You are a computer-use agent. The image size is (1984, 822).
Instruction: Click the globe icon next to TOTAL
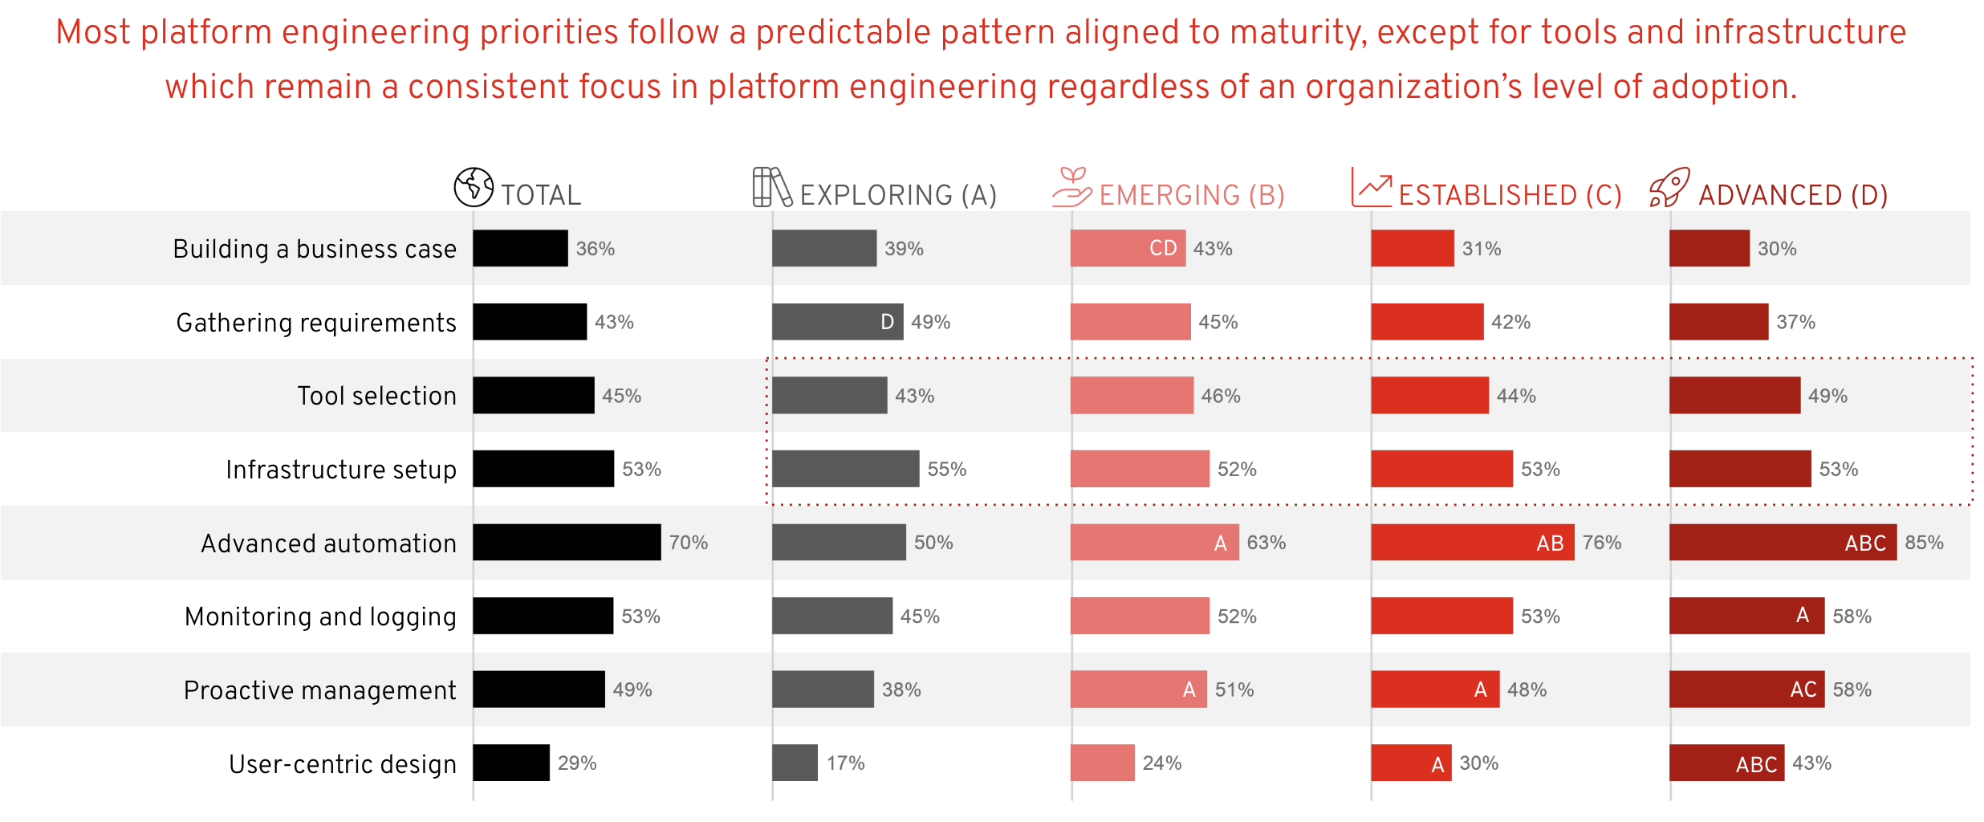click(474, 187)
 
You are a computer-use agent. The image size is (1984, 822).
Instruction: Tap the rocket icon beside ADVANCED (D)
click(1669, 187)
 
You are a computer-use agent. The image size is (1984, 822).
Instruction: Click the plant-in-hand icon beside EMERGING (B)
click(1071, 187)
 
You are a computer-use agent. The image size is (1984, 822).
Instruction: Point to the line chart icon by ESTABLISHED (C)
click(1371, 187)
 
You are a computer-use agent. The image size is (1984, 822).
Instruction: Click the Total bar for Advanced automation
click(567, 543)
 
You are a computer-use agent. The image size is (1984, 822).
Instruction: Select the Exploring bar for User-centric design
click(795, 763)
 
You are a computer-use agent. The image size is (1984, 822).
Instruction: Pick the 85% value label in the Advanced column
click(1924, 543)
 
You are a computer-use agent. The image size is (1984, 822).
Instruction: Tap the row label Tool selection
click(376, 396)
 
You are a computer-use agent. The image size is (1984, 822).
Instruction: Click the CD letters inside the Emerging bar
click(1163, 248)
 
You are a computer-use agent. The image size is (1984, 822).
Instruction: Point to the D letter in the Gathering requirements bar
click(887, 322)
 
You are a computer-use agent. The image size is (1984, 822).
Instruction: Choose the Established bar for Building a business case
click(1412, 248)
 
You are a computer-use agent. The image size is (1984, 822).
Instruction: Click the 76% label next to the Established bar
click(1602, 543)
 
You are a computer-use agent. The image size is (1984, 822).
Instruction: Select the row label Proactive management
click(319, 690)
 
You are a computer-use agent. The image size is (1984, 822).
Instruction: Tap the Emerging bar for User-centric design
click(1102, 763)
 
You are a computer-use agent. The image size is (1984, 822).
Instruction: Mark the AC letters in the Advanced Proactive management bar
click(1803, 690)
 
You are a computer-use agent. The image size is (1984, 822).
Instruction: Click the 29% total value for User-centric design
click(577, 763)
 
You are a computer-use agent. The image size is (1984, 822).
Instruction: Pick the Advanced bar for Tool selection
click(1734, 396)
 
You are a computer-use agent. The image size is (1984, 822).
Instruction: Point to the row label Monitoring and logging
click(320, 616)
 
